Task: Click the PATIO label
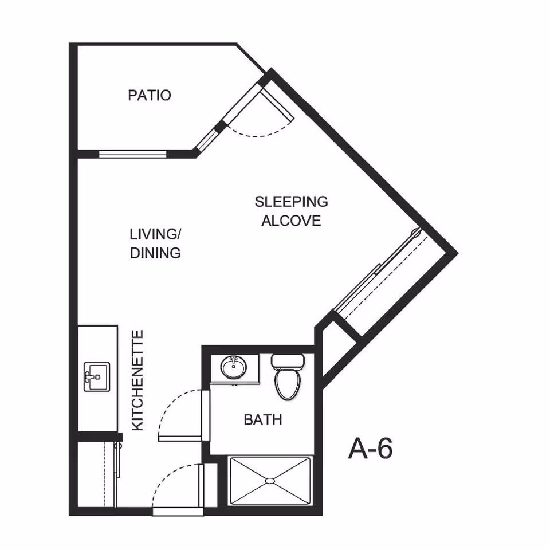pos(150,95)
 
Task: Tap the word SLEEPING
pos(291,202)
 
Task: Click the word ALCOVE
pos(291,221)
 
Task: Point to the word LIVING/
pos(155,234)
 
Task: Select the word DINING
pos(155,253)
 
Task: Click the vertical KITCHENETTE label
pos(137,380)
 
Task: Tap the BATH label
pos(263,419)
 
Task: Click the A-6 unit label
pos(371,448)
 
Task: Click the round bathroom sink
pos(234,367)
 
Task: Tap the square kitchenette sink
pos(97,377)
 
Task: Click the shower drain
pos(269,480)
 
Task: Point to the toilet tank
pos(288,361)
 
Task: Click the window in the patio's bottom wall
pos(132,154)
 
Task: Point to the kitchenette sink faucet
pos(91,377)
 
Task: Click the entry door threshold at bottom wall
pos(178,512)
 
